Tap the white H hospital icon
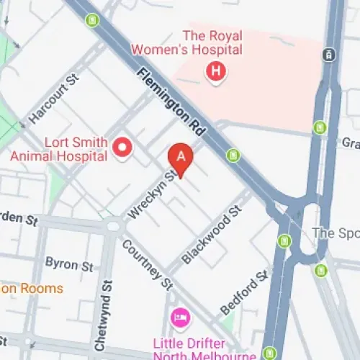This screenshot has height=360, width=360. pos(215,71)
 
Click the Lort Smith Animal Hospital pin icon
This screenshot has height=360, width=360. pos(122,148)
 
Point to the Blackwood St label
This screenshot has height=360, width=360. pos(211,235)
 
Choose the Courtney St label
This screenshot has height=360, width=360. pos(147,263)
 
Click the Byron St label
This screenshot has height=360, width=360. pos(69,264)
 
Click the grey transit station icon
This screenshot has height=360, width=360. pos(329,54)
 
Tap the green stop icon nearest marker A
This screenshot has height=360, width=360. pos(233,155)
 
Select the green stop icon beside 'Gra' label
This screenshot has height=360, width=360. pos(320,128)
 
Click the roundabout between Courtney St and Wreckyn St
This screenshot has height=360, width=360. pos(113,225)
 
